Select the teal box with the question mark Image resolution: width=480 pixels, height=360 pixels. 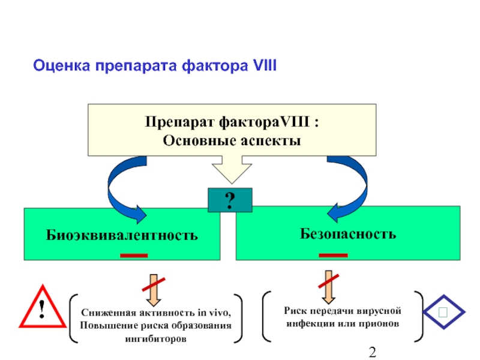tap(230, 200)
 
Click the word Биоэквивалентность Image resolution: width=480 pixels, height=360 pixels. tap(122, 234)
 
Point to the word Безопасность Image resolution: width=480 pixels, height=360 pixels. tap(348, 233)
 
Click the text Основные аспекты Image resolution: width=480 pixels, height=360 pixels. tap(232, 140)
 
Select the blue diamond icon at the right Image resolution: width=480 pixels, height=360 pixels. tap(443, 312)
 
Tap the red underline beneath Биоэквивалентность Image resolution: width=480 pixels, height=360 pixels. tap(134, 256)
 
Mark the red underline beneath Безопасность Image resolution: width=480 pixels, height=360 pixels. tap(333, 256)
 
